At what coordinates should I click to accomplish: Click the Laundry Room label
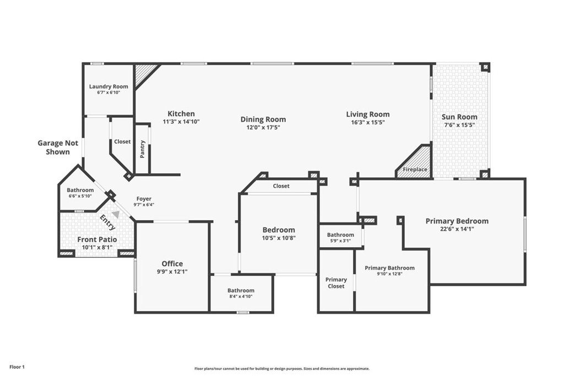tap(109, 86)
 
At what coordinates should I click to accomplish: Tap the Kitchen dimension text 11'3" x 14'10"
tap(181, 122)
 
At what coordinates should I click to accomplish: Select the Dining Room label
tap(263, 119)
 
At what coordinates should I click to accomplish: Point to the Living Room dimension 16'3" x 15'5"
tap(367, 122)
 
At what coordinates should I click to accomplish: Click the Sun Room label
tap(459, 117)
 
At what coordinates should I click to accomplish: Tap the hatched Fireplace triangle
tap(417, 164)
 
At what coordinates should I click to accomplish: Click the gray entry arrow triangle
tap(116, 214)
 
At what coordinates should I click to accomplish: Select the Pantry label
tap(143, 149)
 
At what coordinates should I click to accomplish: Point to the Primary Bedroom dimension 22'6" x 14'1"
tap(457, 228)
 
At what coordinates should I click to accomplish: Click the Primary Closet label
tap(336, 283)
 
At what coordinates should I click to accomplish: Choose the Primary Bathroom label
tap(389, 268)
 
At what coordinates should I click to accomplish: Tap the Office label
tap(172, 264)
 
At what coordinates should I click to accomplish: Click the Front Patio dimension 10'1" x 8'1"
tap(97, 247)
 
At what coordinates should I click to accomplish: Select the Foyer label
tap(144, 199)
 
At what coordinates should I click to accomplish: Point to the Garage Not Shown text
tap(58, 148)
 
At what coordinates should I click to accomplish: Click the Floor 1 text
tap(17, 367)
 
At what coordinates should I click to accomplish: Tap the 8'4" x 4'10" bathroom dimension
tap(241, 297)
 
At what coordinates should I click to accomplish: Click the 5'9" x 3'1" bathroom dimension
tap(340, 241)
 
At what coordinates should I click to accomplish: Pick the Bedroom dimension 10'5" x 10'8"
tap(279, 238)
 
